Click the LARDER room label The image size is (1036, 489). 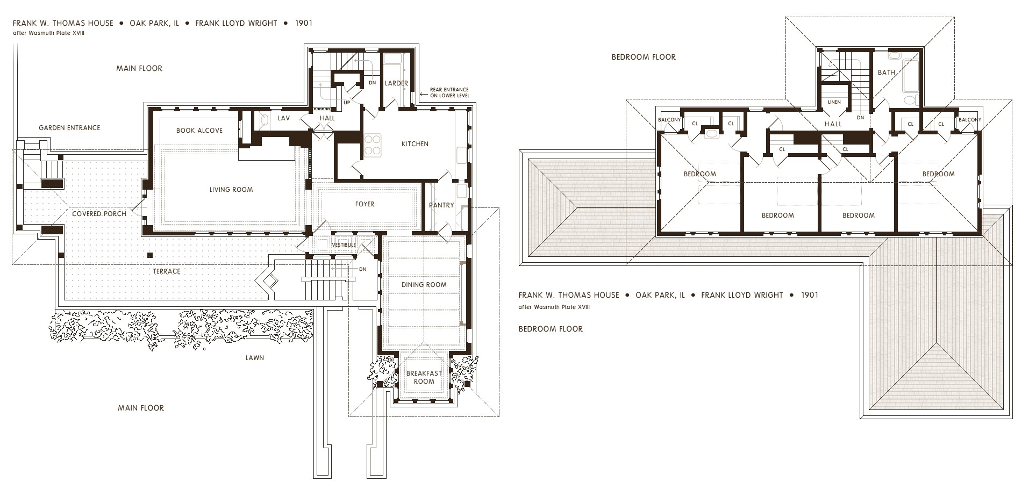click(x=396, y=83)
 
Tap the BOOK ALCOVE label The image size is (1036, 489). click(x=199, y=131)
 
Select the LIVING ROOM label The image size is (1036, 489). click(x=231, y=190)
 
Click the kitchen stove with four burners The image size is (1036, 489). click(x=373, y=145)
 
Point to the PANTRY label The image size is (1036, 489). click(x=441, y=205)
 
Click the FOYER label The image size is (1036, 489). click(x=365, y=204)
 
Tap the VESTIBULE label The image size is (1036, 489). click(x=344, y=245)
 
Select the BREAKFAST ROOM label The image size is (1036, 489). click(x=424, y=377)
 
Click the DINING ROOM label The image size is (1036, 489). click(x=424, y=285)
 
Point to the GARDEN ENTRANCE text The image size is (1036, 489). click(x=69, y=128)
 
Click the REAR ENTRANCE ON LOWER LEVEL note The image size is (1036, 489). click(x=449, y=92)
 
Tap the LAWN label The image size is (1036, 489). click(x=254, y=358)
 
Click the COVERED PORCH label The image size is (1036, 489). click(x=99, y=214)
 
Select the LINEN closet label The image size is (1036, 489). click(x=834, y=102)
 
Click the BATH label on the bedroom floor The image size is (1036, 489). click(x=886, y=73)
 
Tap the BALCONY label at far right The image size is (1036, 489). click(x=969, y=120)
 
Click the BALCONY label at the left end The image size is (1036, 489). click(x=669, y=120)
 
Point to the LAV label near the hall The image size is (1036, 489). click(x=284, y=118)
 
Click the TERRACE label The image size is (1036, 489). click(x=166, y=271)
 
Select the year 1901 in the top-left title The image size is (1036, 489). click(x=304, y=23)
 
